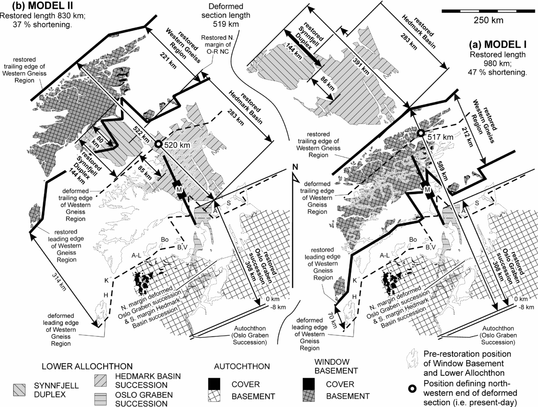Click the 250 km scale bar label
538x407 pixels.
click(x=488, y=20)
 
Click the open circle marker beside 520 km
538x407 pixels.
click(x=158, y=145)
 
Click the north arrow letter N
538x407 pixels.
click(x=294, y=168)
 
